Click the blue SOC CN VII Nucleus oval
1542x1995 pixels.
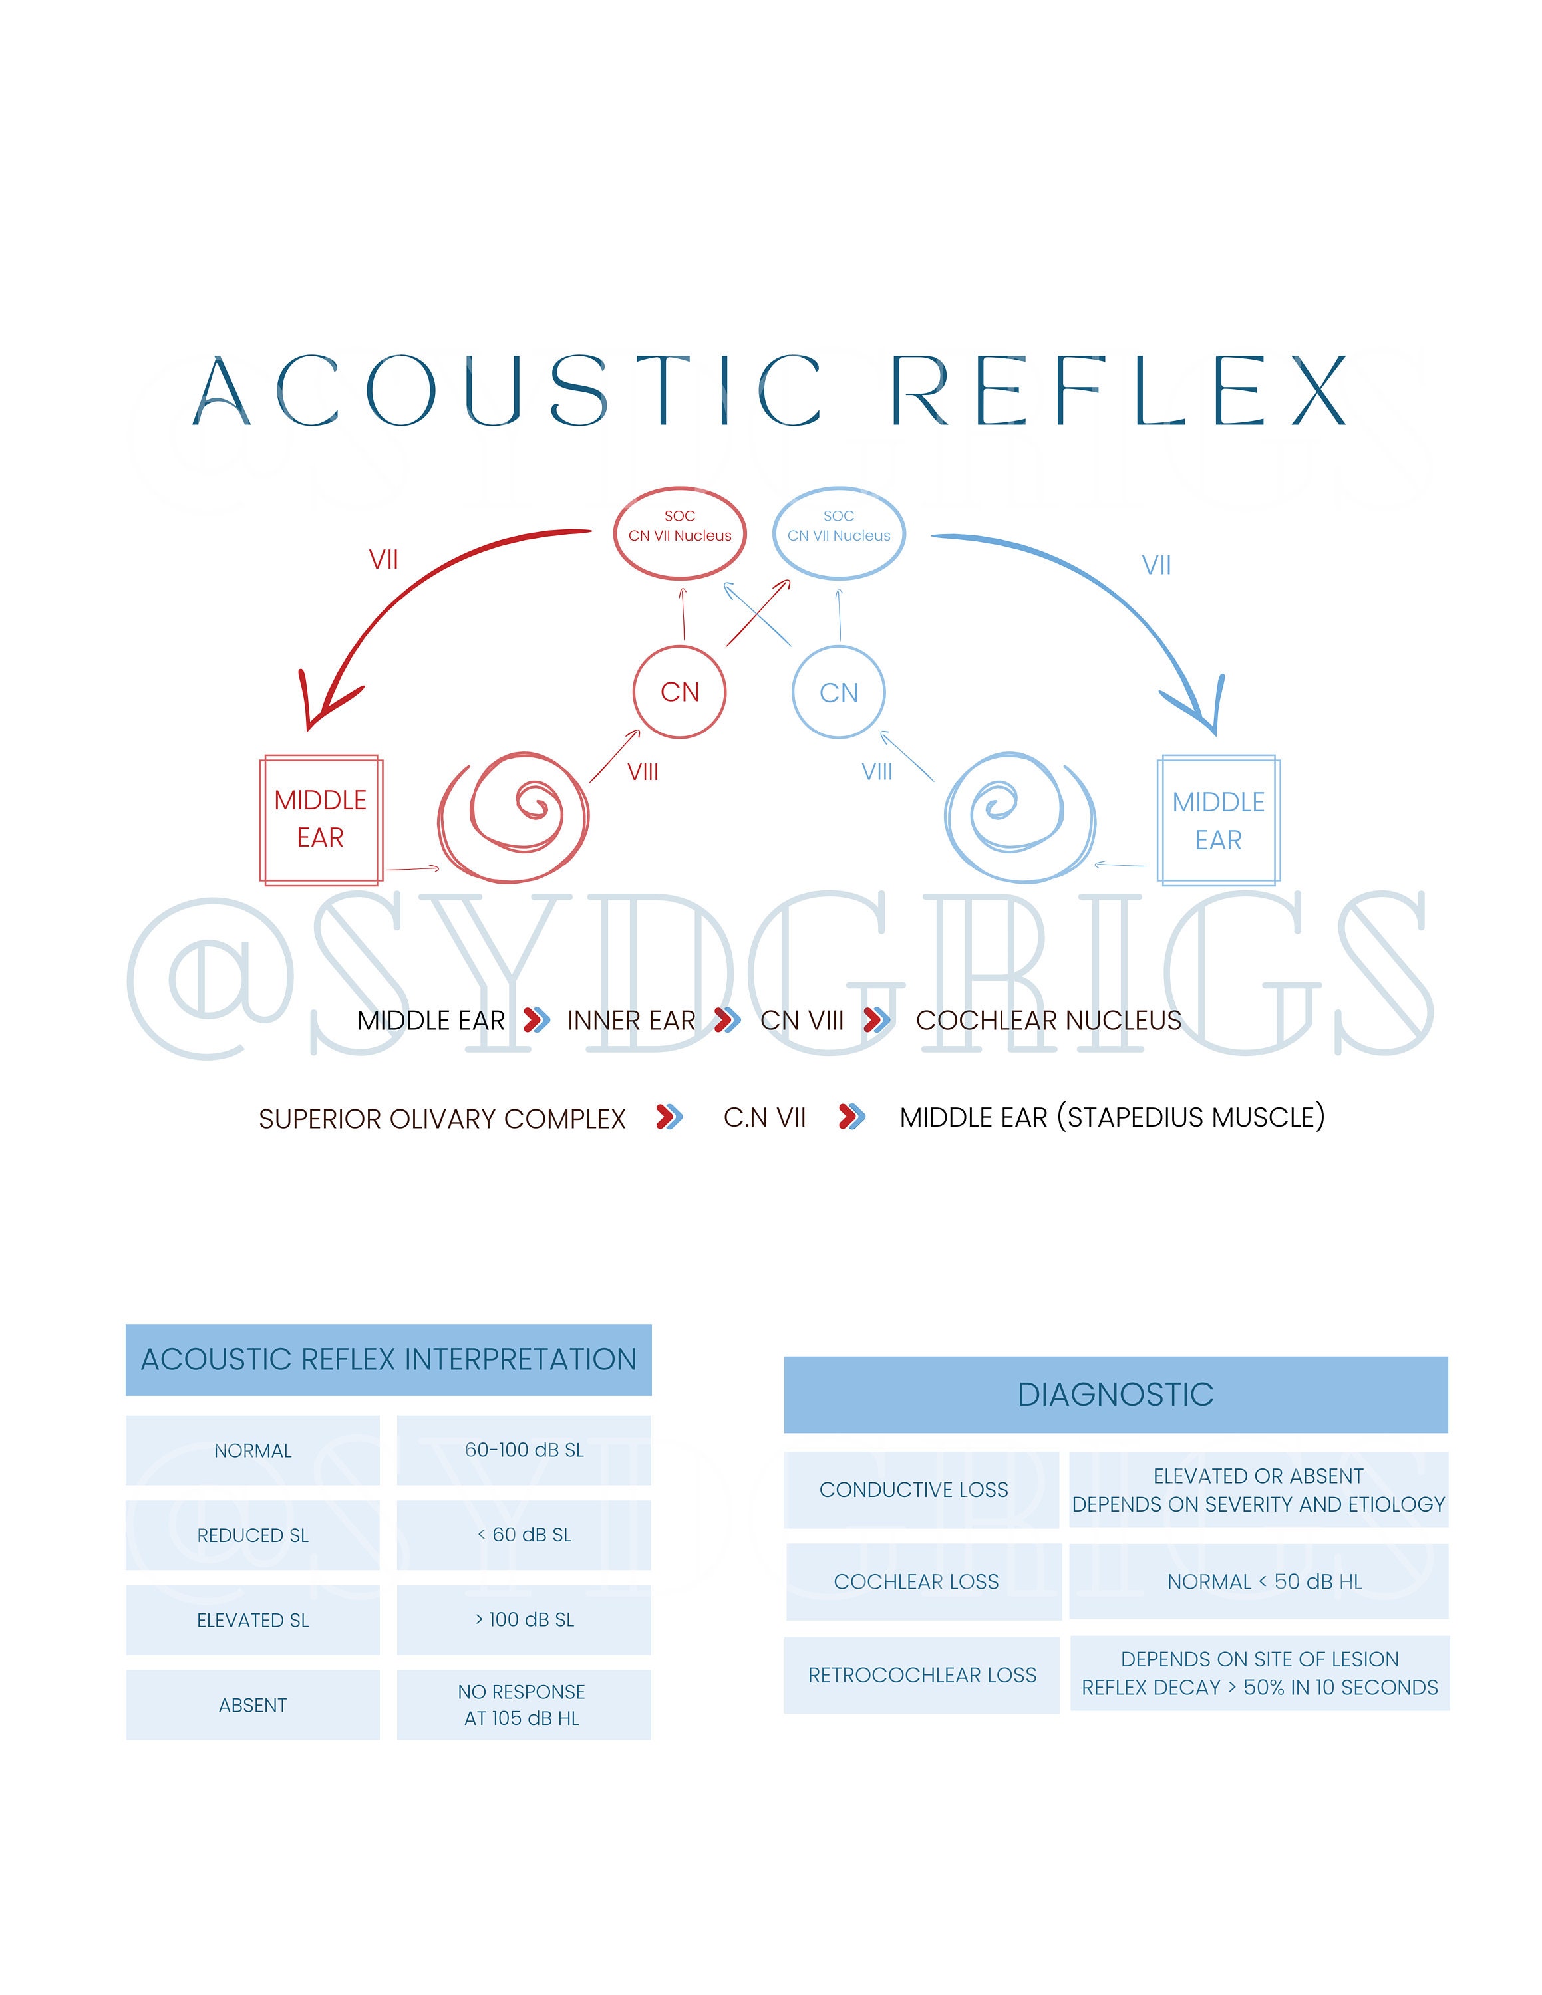(x=839, y=533)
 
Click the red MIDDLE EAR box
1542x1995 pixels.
(x=321, y=819)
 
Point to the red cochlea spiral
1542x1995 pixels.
(x=514, y=817)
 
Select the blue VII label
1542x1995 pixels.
(x=1156, y=565)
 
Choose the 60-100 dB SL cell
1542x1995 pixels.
(x=524, y=1450)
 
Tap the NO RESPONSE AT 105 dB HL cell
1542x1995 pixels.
(x=524, y=1704)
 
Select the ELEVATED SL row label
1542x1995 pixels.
(x=252, y=1619)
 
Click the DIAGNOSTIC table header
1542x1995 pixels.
(x=1116, y=1394)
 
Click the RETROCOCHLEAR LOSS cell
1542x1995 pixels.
(x=922, y=1674)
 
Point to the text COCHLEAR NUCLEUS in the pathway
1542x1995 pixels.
(x=1048, y=1020)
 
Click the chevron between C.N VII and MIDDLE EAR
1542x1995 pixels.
(x=851, y=1117)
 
